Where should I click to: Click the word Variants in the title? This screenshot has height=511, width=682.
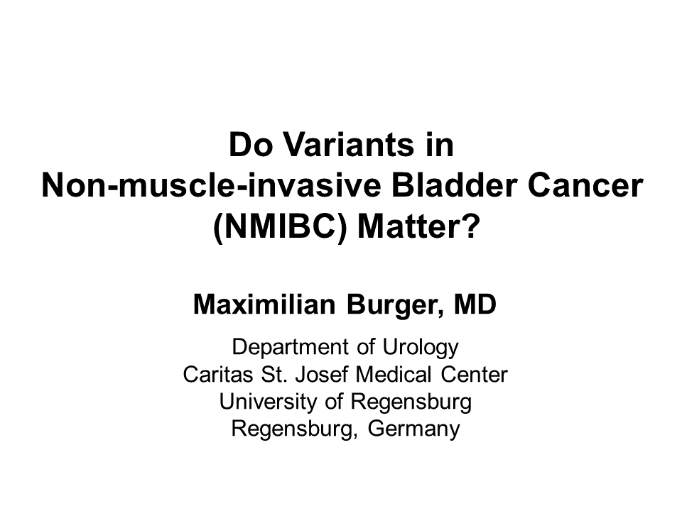pyautogui.click(x=349, y=145)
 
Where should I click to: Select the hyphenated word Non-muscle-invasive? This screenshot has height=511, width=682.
pyautogui.click(x=211, y=185)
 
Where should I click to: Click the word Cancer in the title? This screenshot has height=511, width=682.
pyautogui.click(x=585, y=185)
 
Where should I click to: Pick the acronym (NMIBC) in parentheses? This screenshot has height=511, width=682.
pyautogui.click(x=280, y=226)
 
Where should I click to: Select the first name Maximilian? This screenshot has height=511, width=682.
pyautogui.click(x=264, y=304)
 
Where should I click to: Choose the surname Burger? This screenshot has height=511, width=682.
pyautogui.click(x=395, y=305)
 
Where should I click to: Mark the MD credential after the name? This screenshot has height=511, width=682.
pyautogui.click(x=475, y=304)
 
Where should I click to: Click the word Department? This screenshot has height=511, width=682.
pyautogui.click(x=290, y=347)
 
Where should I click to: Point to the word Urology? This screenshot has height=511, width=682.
pyautogui.click(x=421, y=348)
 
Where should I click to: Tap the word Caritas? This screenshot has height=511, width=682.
pyautogui.click(x=217, y=374)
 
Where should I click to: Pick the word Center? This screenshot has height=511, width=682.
pyautogui.click(x=474, y=374)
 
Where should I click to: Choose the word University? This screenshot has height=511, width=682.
pyautogui.click(x=268, y=402)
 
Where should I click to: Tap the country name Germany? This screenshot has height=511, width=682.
pyautogui.click(x=413, y=429)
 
